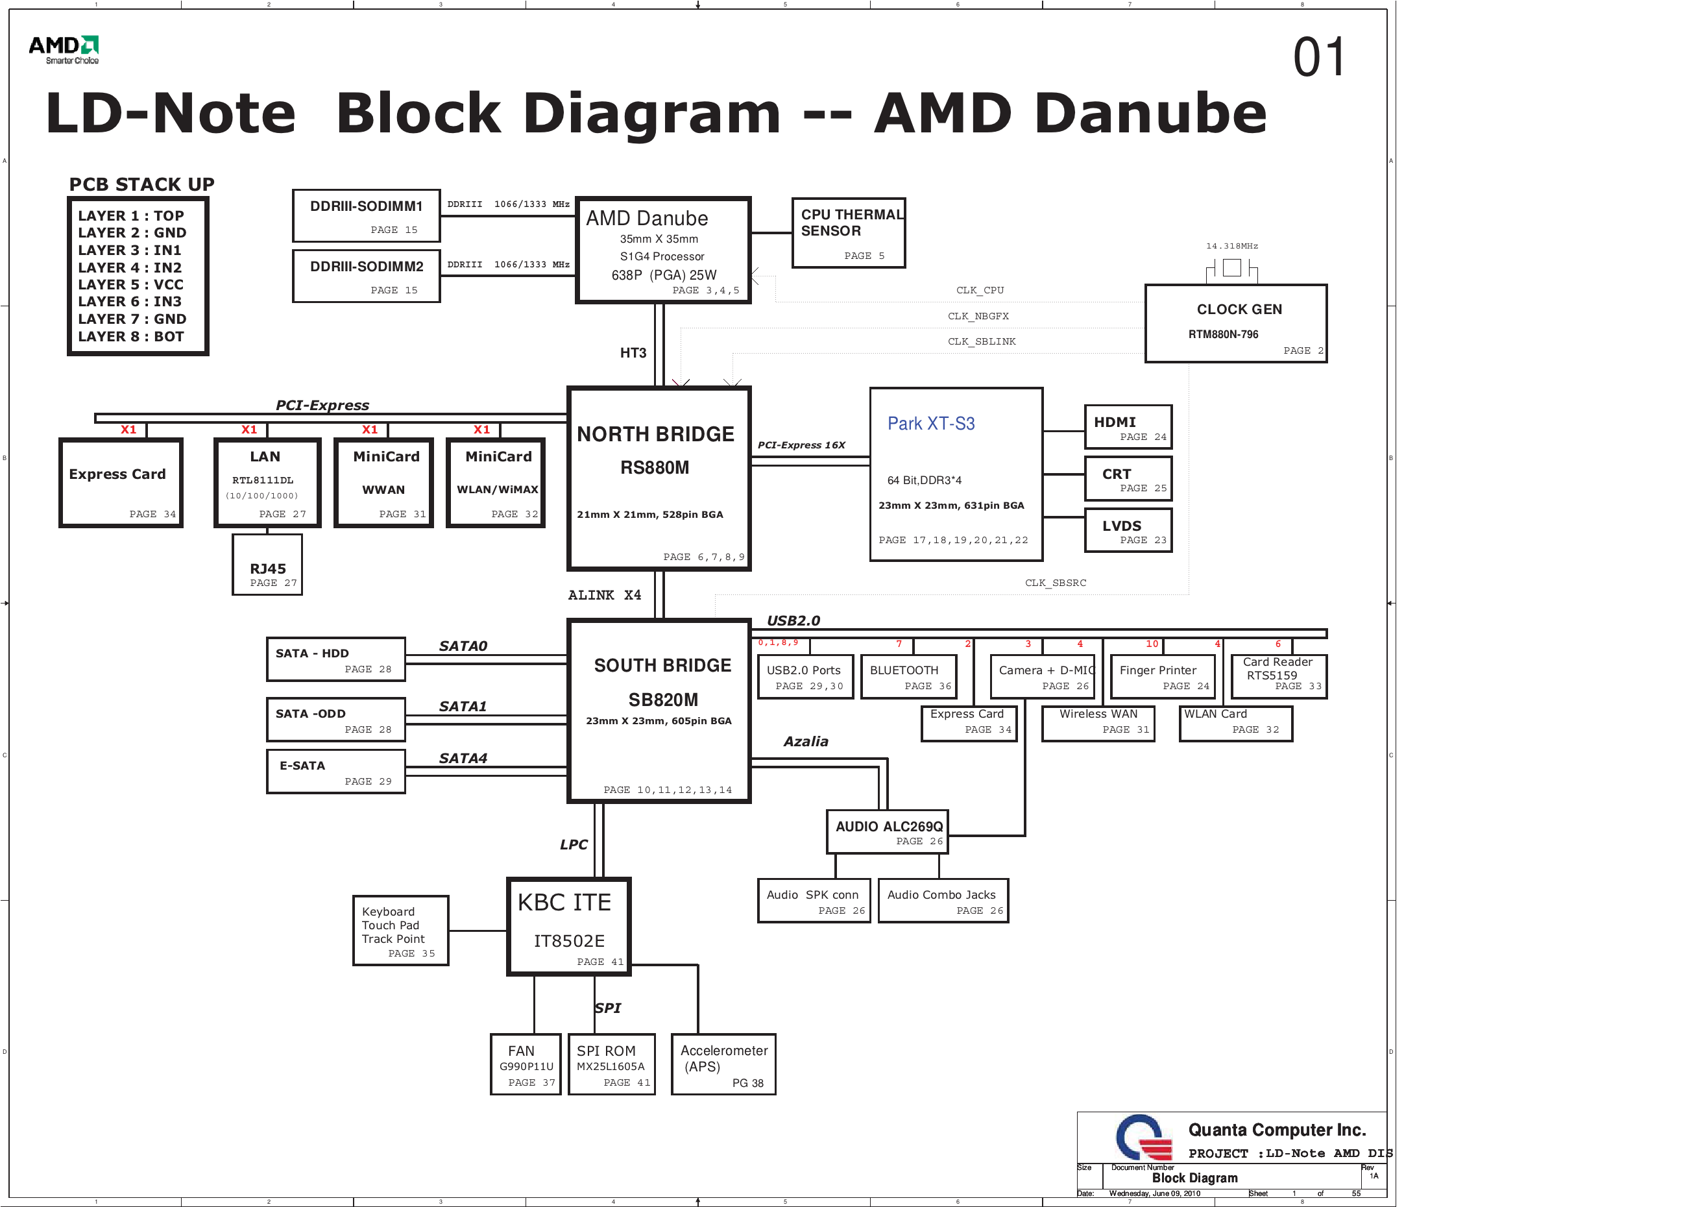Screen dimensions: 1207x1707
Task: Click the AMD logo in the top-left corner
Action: coord(64,49)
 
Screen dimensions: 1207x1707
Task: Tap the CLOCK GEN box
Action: coord(1235,324)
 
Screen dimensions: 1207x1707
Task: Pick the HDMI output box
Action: coord(1128,427)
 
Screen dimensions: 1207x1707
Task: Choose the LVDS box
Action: coord(1128,530)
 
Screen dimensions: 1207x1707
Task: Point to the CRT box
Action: coord(1128,478)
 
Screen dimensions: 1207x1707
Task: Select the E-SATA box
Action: coord(336,771)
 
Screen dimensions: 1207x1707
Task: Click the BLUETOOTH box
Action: coord(908,676)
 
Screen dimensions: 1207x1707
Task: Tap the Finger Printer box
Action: coord(1162,676)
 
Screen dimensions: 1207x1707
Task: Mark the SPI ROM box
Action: coord(611,1064)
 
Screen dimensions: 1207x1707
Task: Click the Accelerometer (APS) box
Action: coord(723,1064)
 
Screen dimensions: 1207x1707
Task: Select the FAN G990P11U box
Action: coord(526,1064)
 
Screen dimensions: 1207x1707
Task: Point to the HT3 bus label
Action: coord(633,352)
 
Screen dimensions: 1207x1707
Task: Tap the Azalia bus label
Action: coord(805,742)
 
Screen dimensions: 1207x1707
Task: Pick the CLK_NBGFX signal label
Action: coord(978,316)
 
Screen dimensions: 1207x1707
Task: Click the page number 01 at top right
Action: coord(1319,57)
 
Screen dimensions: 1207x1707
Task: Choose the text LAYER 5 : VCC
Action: coord(131,285)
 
